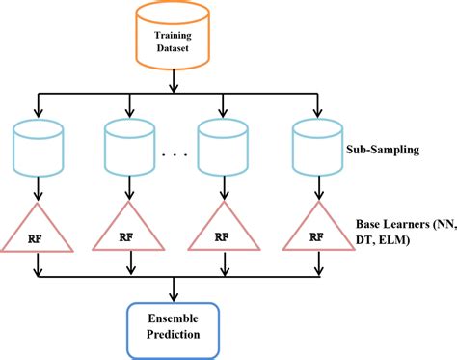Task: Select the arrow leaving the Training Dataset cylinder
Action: coord(174,83)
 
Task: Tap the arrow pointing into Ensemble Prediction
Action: coord(174,290)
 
